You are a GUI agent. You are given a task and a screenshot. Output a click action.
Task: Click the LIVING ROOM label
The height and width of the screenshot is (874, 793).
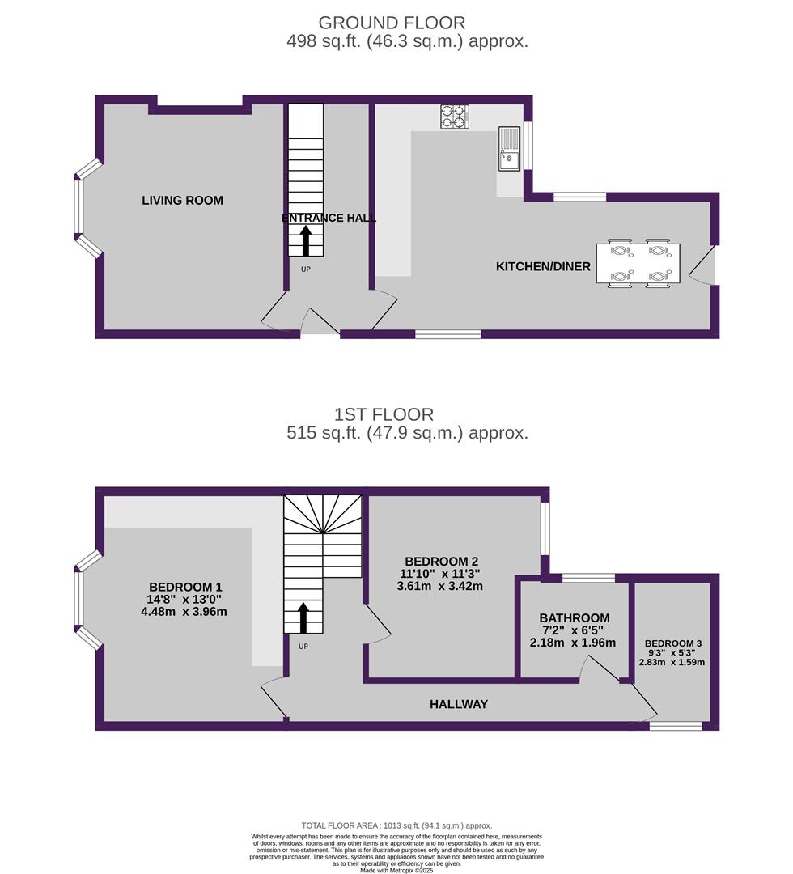(x=182, y=200)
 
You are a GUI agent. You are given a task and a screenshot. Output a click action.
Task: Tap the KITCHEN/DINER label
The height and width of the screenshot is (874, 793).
(x=543, y=266)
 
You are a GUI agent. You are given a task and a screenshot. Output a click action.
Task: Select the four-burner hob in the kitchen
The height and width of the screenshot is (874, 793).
(x=454, y=116)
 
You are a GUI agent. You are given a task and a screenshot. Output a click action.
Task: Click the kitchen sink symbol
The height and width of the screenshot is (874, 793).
(x=509, y=148)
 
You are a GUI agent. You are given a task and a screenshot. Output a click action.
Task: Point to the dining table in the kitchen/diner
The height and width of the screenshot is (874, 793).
(x=638, y=263)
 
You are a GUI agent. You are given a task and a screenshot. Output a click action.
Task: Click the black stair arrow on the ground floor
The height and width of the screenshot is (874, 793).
(x=305, y=241)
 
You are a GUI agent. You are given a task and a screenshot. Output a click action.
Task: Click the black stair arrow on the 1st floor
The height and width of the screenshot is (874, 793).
(x=303, y=617)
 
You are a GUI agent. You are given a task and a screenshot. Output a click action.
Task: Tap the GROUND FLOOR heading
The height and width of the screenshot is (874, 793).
(x=392, y=23)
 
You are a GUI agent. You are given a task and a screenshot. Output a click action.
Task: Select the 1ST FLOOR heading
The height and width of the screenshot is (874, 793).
(x=384, y=414)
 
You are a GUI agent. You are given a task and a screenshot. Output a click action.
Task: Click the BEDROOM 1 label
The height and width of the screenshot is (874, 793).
(x=185, y=587)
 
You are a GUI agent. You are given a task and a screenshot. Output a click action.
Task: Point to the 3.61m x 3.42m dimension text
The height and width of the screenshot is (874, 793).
(x=439, y=586)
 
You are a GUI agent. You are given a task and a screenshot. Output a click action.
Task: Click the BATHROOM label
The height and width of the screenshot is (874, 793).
(x=574, y=617)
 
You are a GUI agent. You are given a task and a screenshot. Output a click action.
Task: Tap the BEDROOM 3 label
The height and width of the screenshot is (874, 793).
(x=672, y=643)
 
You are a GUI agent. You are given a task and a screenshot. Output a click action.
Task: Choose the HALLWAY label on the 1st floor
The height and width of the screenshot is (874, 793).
(x=459, y=704)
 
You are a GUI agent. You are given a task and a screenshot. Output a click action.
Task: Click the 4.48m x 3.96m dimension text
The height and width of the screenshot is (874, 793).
(x=184, y=612)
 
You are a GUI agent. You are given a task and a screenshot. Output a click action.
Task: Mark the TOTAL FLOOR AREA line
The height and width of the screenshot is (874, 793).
(x=396, y=826)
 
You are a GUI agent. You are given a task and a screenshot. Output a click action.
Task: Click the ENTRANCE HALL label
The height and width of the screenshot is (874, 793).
(x=329, y=218)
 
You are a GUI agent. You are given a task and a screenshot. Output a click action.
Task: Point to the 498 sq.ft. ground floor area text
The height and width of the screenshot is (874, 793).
(x=407, y=41)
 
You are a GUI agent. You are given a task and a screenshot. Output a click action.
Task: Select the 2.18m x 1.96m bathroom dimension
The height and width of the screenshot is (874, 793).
(x=573, y=643)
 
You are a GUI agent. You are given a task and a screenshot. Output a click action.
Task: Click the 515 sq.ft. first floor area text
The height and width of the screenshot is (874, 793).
(x=407, y=433)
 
